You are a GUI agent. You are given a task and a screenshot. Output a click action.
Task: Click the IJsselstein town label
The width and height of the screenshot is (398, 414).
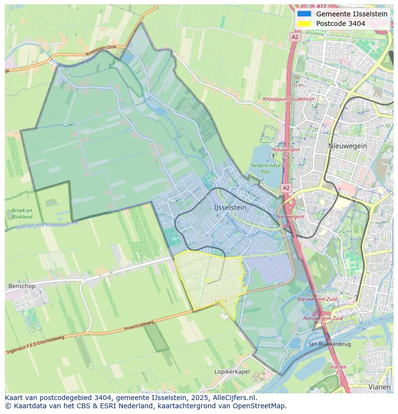[230, 207]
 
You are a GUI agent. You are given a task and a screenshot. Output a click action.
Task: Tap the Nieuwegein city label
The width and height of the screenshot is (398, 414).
[348, 146]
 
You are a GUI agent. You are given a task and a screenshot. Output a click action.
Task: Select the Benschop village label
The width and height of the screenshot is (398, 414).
[22, 286]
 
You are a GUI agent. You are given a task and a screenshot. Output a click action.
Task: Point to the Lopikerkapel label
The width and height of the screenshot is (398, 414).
[232, 372]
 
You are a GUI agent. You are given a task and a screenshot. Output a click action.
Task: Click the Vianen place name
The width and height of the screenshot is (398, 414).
[379, 387]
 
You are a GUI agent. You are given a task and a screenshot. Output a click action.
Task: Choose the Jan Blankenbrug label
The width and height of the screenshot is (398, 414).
[330, 344]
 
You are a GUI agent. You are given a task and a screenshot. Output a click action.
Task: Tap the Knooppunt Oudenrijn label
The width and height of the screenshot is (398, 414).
[288, 99]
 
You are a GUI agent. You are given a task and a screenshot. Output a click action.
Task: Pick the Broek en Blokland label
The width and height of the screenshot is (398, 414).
[22, 213]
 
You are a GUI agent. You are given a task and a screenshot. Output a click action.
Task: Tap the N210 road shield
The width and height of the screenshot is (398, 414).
[220, 301]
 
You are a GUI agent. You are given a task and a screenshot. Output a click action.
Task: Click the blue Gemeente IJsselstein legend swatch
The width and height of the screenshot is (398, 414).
[304, 14]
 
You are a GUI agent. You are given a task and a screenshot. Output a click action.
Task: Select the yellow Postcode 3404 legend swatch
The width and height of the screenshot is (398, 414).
[304, 24]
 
